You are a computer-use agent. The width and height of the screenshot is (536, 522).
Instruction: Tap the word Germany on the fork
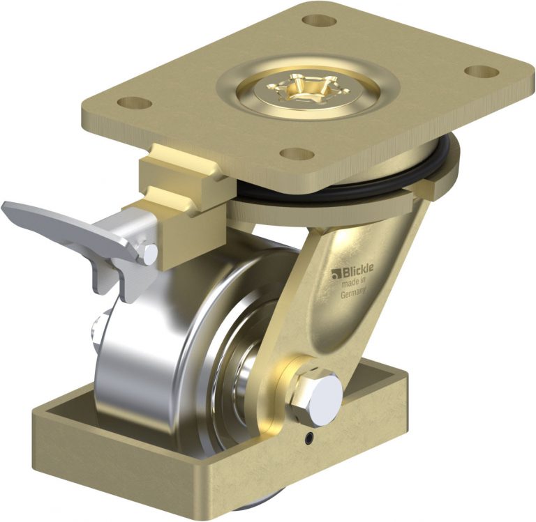pyautogui.click(x=352, y=293)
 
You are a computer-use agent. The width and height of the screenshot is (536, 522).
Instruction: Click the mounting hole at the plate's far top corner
pyautogui.click(x=320, y=20)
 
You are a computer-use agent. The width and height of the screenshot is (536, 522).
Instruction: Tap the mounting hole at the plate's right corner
pyautogui.click(x=482, y=71)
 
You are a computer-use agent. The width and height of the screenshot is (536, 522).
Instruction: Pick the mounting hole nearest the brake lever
pyautogui.click(x=297, y=154)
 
